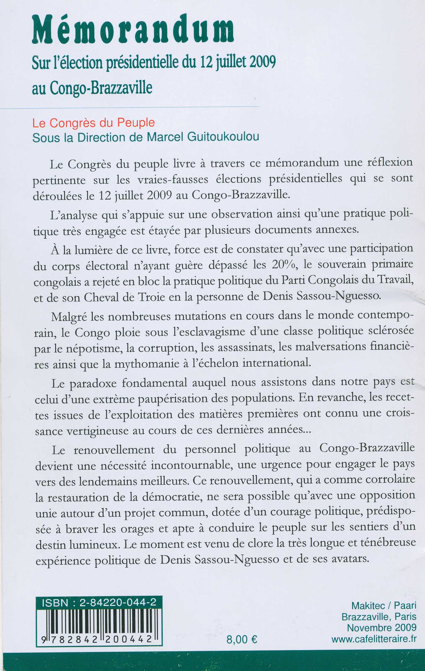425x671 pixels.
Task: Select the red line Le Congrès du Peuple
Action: [x=94, y=123]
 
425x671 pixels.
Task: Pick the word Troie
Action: [x=151, y=297]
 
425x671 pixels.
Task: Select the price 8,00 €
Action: [x=242, y=639]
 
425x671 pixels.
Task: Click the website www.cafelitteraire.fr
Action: [x=374, y=639]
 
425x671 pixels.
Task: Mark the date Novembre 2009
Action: [x=381, y=628]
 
